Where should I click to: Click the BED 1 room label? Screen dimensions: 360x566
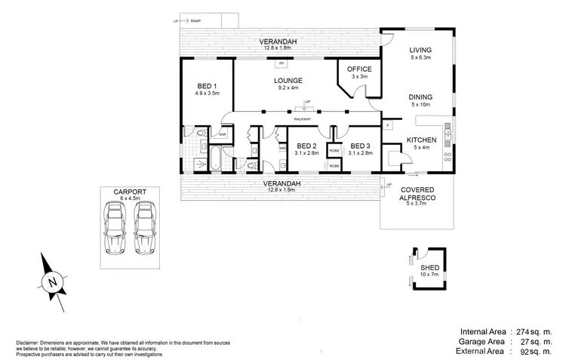click(206, 86)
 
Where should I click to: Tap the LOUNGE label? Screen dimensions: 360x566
click(289, 80)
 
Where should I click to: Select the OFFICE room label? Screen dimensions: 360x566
click(359, 69)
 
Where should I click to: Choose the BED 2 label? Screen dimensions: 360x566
click(306, 146)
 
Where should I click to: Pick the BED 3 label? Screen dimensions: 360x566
click(359, 146)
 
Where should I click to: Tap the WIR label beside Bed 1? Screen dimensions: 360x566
click(223, 135)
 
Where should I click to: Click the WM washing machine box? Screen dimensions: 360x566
click(282, 148)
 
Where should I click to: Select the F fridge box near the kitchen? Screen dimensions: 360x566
click(388, 124)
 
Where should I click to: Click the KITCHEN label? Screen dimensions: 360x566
click(422, 140)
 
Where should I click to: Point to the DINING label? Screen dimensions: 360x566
click(420, 97)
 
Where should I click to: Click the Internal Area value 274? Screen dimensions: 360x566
click(521, 331)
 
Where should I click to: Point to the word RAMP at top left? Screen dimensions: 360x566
click(196, 21)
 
